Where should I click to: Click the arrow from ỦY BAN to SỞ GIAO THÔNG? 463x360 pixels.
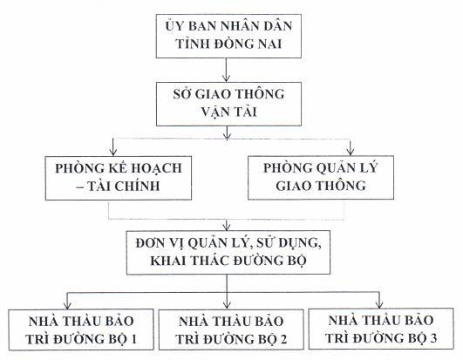coord(226,70)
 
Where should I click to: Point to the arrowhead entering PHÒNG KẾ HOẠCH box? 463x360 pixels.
coord(112,153)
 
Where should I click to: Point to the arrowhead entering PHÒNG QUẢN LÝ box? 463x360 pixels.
coord(351,152)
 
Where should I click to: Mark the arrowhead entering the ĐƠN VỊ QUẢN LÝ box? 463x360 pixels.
coord(227,227)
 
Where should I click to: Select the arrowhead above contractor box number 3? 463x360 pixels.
coord(379,305)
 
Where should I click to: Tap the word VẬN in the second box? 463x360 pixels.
coord(214,112)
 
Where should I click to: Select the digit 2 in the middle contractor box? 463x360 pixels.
coord(283,339)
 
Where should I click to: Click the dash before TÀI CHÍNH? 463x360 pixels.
coord(79,187)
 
